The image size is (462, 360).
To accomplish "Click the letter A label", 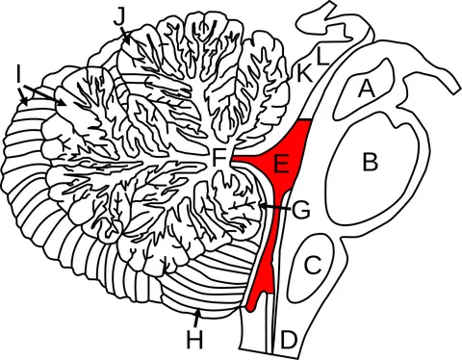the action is click(366, 89).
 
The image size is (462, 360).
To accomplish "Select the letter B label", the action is click(371, 162).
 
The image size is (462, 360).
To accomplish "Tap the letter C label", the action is click(313, 265).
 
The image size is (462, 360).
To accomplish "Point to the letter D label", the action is click(288, 341).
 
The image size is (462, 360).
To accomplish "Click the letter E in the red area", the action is click(281, 164).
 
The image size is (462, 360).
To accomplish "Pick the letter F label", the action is click(220, 159).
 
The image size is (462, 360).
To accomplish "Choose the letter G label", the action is click(301, 210).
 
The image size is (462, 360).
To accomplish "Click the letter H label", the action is click(194, 340).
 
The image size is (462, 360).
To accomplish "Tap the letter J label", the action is click(119, 18).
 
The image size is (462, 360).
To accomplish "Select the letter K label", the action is click(304, 74).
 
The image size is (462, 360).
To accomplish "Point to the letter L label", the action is click(322, 57).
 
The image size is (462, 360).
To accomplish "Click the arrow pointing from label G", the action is click(274, 207).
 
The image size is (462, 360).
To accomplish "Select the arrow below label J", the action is click(125, 36).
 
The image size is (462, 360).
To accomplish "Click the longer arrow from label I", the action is click(44, 95).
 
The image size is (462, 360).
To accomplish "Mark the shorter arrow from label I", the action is click(22, 96).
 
